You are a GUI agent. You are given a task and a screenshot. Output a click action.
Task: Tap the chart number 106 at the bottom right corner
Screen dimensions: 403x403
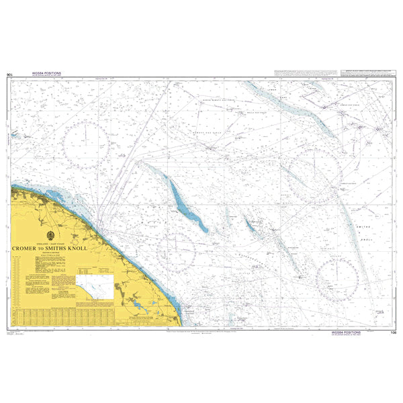coord(393,332)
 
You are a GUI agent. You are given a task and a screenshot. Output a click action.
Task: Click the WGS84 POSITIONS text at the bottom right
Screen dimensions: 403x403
coord(347,332)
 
